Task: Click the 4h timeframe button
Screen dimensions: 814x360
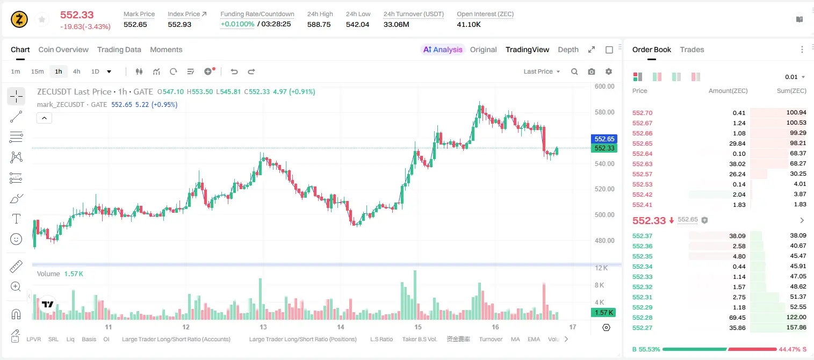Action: click(x=76, y=71)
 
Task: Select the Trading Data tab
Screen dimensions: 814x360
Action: click(x=119, y=49)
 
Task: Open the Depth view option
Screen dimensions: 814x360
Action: click(x=568, y=49)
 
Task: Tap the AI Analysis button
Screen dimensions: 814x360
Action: click(x=443, y=49)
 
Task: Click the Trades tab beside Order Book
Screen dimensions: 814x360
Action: click(x=692, y=49)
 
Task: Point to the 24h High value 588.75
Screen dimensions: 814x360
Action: click(x=319, y=24)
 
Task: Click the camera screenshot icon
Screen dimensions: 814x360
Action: click(x=592, y=71)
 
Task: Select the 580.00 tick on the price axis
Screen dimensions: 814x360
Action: click(x=604, y=112)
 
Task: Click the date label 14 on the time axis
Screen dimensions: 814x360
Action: click(x=341, y=327)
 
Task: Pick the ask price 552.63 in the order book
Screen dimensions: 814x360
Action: click(x=642, y=164)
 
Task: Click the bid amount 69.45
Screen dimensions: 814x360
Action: click(x=737, y=318)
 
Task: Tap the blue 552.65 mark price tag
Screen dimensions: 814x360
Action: click(x=604, y=139)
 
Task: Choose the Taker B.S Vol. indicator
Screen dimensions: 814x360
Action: click(x=419, y=339)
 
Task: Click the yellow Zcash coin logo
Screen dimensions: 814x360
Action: click(x=19, y=19)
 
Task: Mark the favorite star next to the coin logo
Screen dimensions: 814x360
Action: click(x=42, y=19)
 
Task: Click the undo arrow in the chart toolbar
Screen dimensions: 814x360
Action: click(x=234, y=71)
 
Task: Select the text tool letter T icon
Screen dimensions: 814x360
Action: click(x=16, y=219)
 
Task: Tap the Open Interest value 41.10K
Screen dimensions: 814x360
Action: click(x=469, y=24)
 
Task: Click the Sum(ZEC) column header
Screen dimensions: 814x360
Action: click(x=791, y=91)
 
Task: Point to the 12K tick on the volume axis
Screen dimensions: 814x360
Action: click(x=601, y=268)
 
